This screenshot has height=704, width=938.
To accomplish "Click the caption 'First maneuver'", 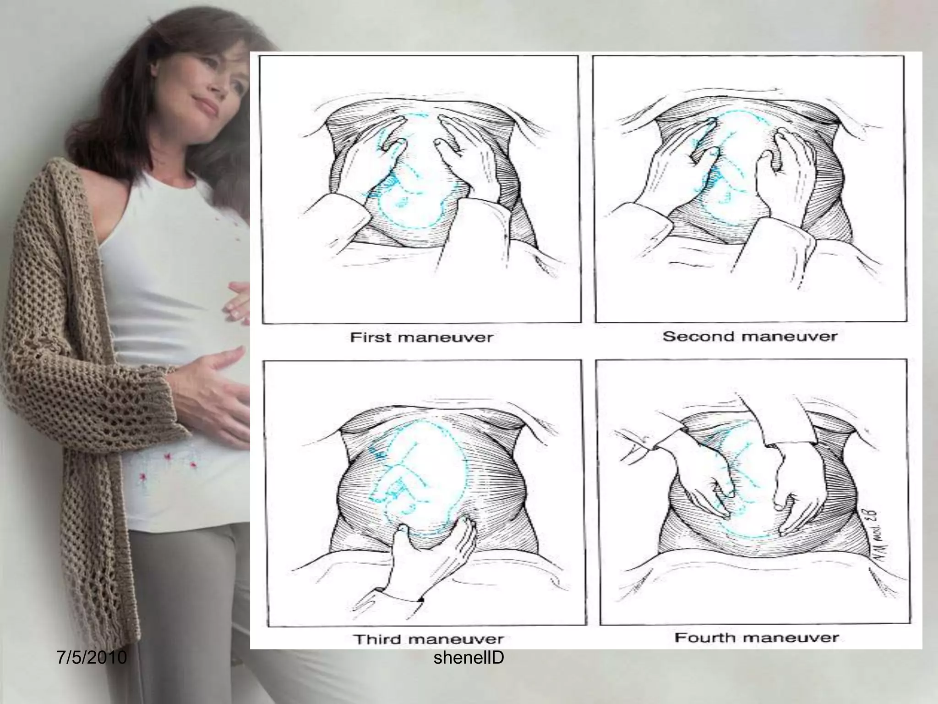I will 421,338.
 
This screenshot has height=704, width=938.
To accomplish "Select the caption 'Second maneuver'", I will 749,337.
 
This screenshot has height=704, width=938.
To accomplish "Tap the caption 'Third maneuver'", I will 428,639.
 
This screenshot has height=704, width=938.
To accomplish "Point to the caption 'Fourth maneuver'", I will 756,638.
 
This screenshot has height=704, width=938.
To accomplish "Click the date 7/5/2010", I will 92,658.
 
